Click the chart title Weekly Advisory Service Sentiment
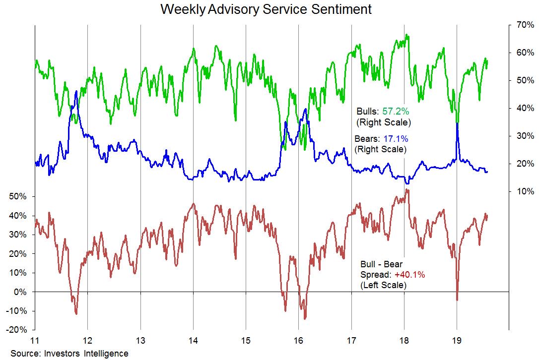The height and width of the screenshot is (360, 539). (266, 9)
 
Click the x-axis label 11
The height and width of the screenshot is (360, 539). (35, 341)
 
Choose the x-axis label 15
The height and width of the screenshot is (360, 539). (245, 341)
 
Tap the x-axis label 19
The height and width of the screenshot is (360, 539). (456, 341)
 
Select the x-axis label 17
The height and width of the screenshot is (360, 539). (351, 341)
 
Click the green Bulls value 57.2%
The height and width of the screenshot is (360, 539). (395, 111)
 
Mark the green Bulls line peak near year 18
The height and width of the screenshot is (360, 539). (407, 35)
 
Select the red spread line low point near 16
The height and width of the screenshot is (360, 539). (305, 319)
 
